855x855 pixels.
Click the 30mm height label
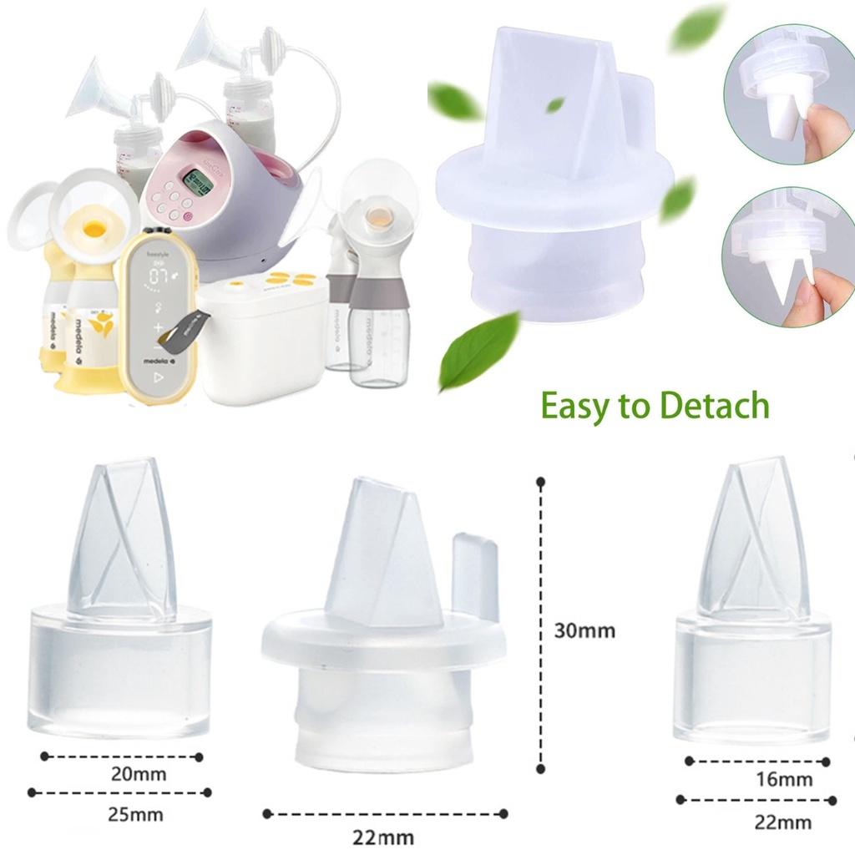pos(584,630)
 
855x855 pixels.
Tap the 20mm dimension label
pos(139,774)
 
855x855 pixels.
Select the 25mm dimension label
pos(136,812)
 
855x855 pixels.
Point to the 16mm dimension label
pos(782,780)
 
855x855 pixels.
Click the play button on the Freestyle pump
pos(159,377)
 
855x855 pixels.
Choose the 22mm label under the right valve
pos(782,822)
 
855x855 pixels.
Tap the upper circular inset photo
pos(789,93)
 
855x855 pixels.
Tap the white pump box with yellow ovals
pos(263,334)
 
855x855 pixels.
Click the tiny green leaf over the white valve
pos(554,104)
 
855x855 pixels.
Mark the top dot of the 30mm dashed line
pos(541,482)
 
